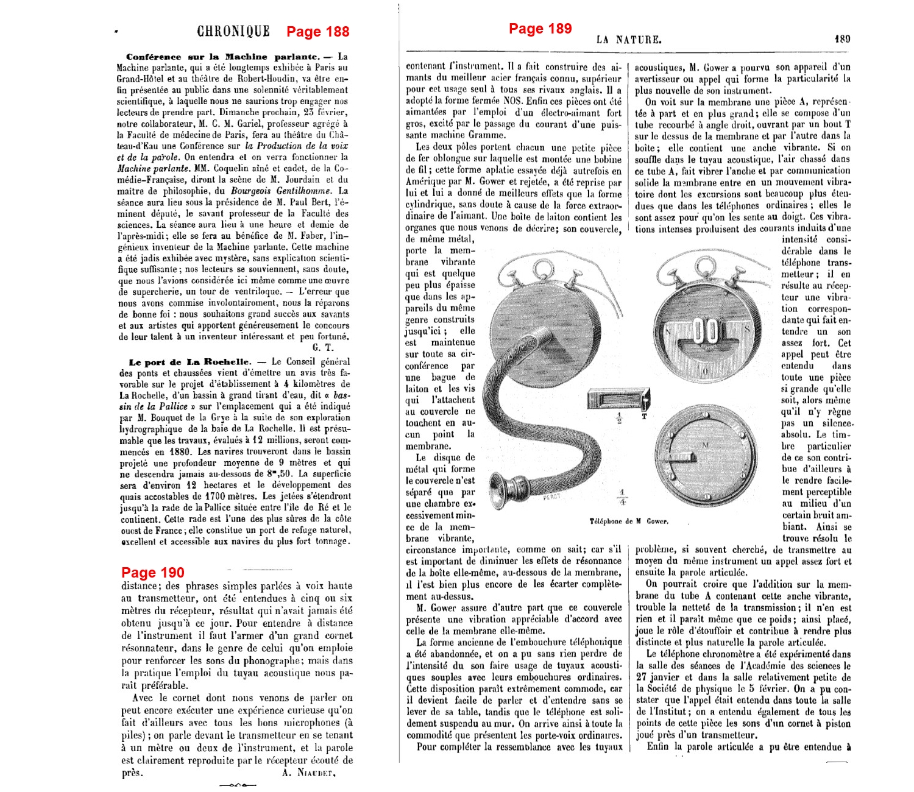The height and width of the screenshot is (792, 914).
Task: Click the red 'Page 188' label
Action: coord(317,32)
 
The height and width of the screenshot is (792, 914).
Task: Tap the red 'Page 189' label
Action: coord(540,29)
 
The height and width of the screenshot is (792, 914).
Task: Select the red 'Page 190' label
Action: coord(152,573)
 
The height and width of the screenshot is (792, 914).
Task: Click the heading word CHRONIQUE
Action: coord(233,32)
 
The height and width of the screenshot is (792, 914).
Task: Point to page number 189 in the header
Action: coord(842,39)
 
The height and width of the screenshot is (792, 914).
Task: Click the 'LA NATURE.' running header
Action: coord(629,40)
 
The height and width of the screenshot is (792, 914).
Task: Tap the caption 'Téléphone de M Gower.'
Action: coord(628,521)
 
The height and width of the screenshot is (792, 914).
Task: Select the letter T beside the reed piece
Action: coord(644,417)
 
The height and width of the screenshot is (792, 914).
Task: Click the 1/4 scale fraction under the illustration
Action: coord(622,497)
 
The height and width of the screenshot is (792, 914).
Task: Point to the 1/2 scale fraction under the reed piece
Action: coord(619,419)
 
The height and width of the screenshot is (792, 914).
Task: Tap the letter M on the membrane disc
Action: coord(706,445)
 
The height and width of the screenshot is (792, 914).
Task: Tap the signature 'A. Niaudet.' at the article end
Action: coord(308,773)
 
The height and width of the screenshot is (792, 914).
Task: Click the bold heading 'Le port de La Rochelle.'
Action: coord(190,362)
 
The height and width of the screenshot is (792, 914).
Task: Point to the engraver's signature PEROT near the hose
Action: coord(551,497)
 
